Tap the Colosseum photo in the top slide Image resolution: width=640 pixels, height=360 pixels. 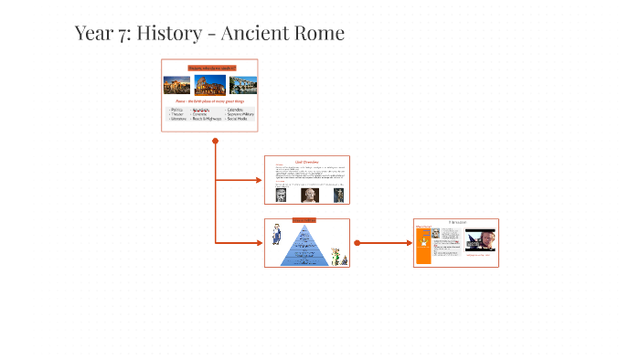point(210,85)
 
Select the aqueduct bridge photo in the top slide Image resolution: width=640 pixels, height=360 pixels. point(243,85)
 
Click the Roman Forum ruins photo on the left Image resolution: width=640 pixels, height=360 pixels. point(177,85)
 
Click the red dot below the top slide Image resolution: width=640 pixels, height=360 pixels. point(215,141)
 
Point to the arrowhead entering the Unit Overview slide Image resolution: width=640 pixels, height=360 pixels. point(259,180)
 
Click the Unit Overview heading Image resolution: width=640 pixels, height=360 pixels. point(306,162)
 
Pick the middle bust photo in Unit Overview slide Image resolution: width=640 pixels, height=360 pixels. point(307,194)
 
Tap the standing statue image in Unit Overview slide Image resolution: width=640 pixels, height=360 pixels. point(338,194)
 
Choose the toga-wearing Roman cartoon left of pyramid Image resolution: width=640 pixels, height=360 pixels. point(275,234)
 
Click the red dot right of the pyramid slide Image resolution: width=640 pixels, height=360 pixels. point(357,243)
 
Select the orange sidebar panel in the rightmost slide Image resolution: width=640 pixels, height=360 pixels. point(422,245)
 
